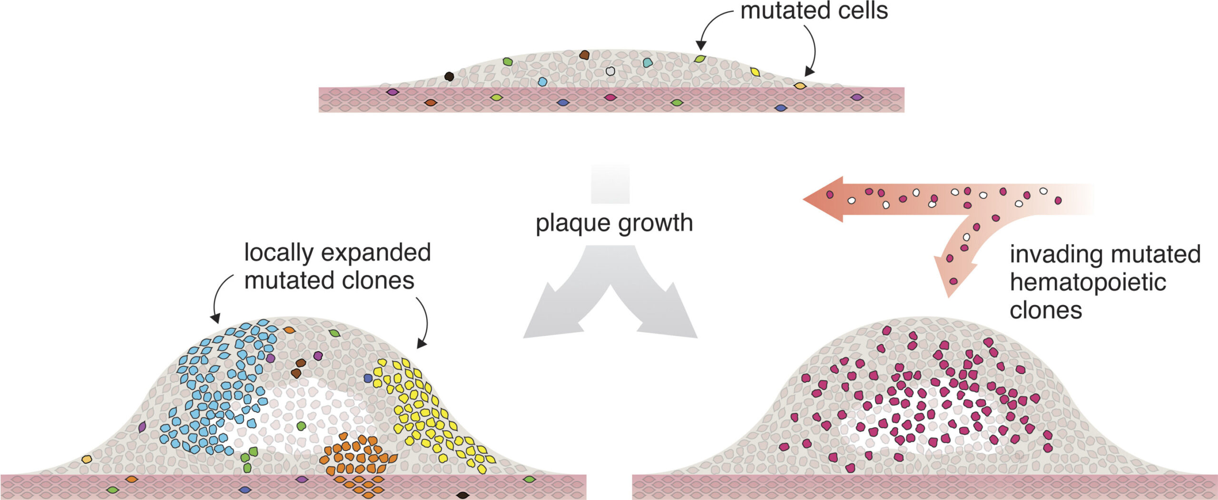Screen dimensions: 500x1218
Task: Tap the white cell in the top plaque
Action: click(x=610, y=71)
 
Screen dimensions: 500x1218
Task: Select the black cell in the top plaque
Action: click(x=449, y=76)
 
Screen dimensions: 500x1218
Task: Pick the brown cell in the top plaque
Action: click(x=585, y=55)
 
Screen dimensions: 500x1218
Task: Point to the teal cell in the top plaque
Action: click(x=648, y=62)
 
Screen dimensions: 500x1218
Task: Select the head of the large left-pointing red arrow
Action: click(x=825, y=199)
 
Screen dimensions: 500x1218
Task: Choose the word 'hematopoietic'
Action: click(x=1088, y=282)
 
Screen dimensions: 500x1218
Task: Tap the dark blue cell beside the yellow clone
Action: click(x=368, y=378)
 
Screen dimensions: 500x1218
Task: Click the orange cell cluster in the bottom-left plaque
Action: click(x=354, y=459)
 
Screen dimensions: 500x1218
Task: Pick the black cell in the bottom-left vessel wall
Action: click(x=462, y=495)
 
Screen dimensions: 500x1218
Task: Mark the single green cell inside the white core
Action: click(x=301, y=425)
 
